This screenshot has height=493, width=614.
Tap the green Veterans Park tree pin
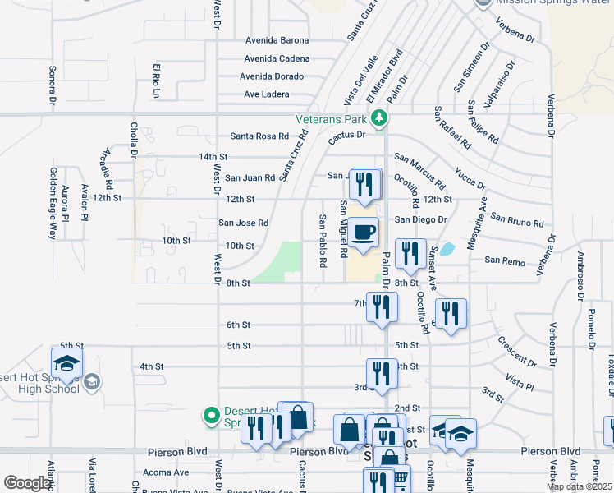coord(378,120)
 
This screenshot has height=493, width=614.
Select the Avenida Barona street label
coord(277,40)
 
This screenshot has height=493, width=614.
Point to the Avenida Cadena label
coord(277,58)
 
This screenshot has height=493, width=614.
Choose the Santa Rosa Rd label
coord(259,136)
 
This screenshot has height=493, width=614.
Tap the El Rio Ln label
coord(155,75)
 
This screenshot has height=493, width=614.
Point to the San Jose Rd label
coord(243,223)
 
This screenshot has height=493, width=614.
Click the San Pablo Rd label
coord(323,242)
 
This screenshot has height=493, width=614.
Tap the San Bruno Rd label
coord(517,219)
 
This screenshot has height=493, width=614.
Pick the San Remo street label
coord(503,260)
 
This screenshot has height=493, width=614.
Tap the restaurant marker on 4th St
coord(382,372)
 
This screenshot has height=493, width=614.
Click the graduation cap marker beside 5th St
coord(66,362)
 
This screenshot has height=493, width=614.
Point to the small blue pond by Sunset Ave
coord(447,248)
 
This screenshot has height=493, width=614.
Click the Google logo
coord(27,483)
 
